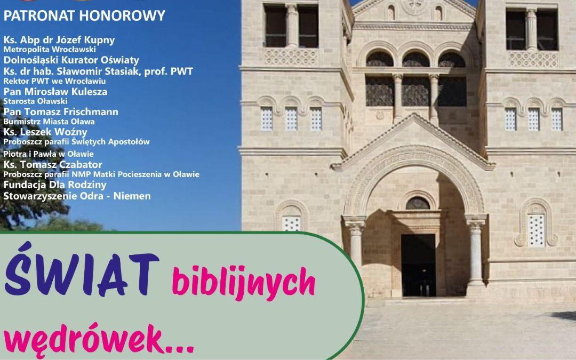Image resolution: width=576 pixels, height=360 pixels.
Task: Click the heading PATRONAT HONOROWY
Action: click(84, 16)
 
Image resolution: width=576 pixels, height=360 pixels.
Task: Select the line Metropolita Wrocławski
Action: click(50, 50)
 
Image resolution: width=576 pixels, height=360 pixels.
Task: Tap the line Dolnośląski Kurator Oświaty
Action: click(71, 60)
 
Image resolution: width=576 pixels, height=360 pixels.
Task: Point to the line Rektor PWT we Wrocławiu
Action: click(55, 81)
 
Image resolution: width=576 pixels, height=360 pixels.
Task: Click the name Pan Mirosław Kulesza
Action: click(55, 92)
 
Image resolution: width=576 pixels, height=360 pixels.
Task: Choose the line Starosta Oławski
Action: click(35, 101)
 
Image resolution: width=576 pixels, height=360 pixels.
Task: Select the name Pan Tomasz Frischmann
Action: click(61, 111)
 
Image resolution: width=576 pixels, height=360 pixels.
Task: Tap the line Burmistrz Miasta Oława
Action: click(49, 122)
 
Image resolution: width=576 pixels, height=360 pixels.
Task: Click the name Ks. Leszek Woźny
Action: click(45, 132)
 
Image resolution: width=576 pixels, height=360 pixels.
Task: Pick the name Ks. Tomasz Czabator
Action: click(53, 165)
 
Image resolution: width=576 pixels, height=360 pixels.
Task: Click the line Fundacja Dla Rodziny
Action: click(55, 185)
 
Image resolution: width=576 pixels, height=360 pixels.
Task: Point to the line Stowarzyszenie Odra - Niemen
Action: click(77, 196)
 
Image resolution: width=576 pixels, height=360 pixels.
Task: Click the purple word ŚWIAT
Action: click(82, 270)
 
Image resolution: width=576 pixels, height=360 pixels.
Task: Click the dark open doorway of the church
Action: click(419, 265)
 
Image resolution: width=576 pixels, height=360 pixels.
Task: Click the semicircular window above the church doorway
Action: click(418, 203)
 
